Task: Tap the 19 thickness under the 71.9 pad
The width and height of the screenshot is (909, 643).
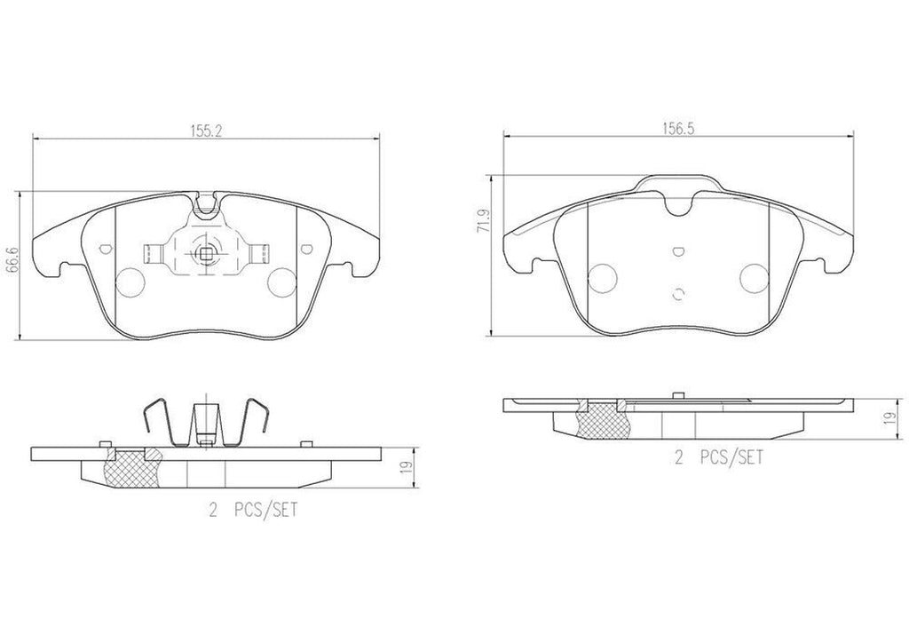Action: point(889,418)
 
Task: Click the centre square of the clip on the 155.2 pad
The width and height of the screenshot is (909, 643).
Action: point(204,256)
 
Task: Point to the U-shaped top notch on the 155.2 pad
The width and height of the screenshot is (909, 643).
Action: point(205,207)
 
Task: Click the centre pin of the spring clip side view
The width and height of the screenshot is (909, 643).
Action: point(204,422)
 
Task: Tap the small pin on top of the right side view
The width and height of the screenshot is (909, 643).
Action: point(677,393)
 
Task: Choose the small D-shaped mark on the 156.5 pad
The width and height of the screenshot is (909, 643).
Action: point(678,251)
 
